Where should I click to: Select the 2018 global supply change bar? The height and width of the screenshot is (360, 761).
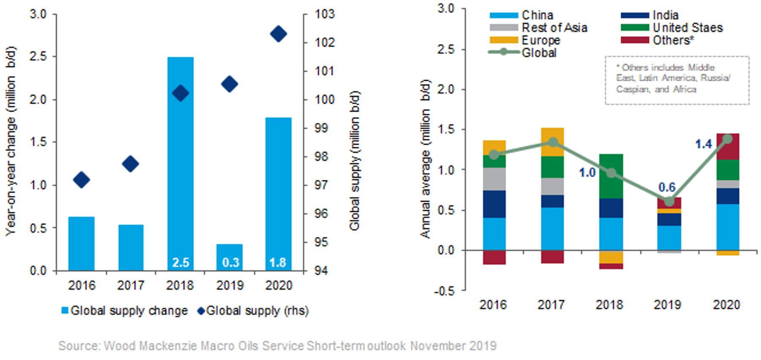coord(181,161)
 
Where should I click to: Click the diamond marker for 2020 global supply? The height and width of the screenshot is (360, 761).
coord(279,34)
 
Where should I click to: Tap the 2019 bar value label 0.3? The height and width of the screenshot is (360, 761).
coord(230,263)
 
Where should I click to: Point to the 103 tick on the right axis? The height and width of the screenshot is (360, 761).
coord(325,14)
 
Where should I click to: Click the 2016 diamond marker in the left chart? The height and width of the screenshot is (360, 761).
coord(82,180)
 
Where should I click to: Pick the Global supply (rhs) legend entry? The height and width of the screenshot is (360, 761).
coord(253,311)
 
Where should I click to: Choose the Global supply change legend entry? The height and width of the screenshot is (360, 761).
coord(124,311)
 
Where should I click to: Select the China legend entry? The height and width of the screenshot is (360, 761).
coord(522,15)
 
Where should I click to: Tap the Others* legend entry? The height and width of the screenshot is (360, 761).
coord(657,40)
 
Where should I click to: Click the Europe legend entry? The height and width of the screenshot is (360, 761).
coord(525,40)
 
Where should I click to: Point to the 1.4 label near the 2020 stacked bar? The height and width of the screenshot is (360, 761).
coord(704,144)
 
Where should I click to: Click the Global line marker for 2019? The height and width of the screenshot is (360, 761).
coord(669,201)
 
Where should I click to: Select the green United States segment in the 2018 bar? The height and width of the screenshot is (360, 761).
coord(611,176)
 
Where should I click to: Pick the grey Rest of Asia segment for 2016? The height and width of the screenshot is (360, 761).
coord(494,179)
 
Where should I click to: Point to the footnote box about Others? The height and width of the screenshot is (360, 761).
coord(676,80)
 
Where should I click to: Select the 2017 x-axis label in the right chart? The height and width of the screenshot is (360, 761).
coord(551,305)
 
